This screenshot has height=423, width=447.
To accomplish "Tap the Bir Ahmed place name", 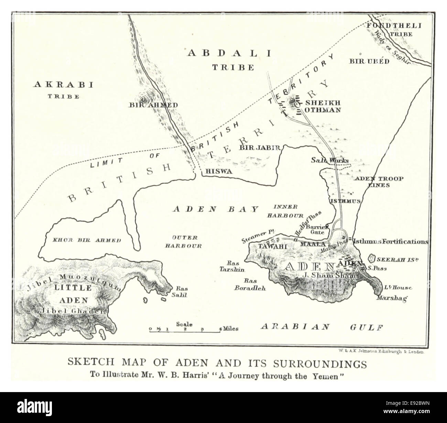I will (153, 105).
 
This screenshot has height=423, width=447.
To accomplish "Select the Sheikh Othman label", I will (318, 106).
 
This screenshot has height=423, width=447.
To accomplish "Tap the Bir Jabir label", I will (258, 148).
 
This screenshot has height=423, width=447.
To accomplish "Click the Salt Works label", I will (330, 160).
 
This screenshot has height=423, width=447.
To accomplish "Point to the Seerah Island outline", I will (371, 258).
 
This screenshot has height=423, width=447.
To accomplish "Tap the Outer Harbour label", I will (183, 242).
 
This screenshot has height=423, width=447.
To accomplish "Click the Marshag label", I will (392, 298).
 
